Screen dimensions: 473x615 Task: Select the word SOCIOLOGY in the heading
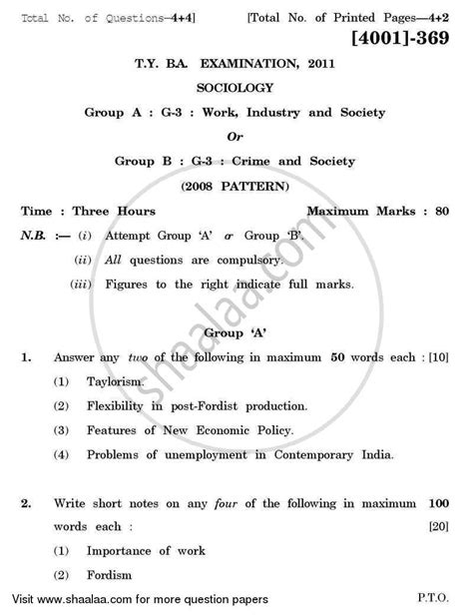click(236, 88)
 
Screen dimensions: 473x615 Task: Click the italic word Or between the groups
click(236, 137)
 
